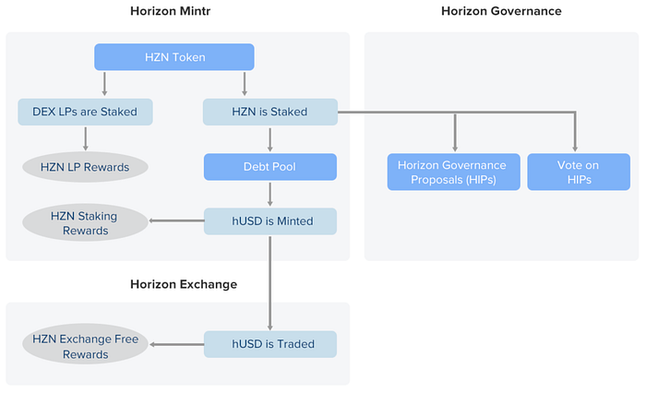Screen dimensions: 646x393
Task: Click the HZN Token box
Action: pos(174,57)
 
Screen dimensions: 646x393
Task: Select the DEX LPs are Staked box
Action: pos(85,112)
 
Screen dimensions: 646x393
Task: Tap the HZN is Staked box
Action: pos(270,112)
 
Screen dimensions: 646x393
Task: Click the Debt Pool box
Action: pos(270,167)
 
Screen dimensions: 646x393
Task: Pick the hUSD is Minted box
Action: pos(270,221)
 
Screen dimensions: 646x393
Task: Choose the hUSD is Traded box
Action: pos(270,344)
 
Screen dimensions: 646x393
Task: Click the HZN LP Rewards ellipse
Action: pos(85,167)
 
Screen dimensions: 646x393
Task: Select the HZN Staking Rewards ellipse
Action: pos(85,223)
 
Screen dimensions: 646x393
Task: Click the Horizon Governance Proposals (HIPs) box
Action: pos(454,172)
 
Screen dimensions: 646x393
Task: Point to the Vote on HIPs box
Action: pos(579,172)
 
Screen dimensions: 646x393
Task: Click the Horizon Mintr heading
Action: pos(170,11)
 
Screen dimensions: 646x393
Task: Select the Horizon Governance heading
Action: pos(501,11)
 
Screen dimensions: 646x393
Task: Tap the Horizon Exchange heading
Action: pos(184,284)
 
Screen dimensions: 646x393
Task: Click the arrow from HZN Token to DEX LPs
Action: pos(104,84)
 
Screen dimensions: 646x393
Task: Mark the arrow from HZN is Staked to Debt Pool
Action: pos(270,139)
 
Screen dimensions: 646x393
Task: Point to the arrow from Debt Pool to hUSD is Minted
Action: pos(270,194)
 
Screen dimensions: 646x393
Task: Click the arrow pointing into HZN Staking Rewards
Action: pos(176,220)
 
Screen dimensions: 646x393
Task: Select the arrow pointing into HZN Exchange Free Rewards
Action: pos(176,344)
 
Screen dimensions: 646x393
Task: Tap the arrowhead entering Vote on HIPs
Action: pos(575,149)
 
